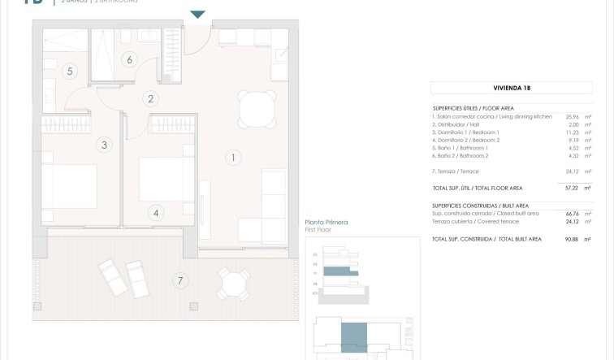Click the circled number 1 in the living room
click(x=233, y=158)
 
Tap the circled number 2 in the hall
click(x=149, y=99)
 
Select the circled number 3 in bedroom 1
click(x=103, y=145)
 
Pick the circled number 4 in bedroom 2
click(x=157, y=213)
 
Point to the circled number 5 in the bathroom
click(x=70, y=72)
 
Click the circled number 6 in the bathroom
click(x=128, y=59)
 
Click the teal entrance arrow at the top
click(x=197, y=15)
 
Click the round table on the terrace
click(x=233, y=283)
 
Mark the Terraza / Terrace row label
click(x=456, y=171)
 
